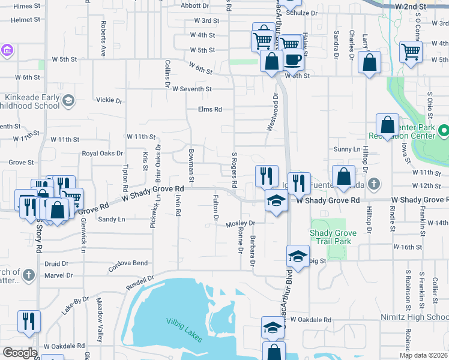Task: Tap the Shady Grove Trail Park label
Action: pyautogui.click(x=330, y=236)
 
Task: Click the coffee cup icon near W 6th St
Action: pyautogui.click(x=293, y=60)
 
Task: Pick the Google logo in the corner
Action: pyautogui.click(x=20, y=352)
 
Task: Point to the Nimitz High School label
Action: pyautogui.click(x=414, y=317)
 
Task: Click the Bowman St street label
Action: pyautogui.click(x=191, y=166)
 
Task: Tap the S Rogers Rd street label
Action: pyautogui.click(x=235, y=169)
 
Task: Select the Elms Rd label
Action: pyautogui.click(x=210, y=109)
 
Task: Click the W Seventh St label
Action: pyautogui.click(x=191, y=89)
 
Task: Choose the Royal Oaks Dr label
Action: pyautogui.click(x=102, y=154)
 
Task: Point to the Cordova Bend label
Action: pyautogui.click(x=128, y=263)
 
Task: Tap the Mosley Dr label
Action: pyautogui.click(x=241, y=223)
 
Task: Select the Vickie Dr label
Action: pyautogui.click(x=109, y=101)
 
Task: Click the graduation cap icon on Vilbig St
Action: pyautogui.click(x=298, y=256)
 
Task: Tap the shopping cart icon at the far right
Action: pyautogui.click(x=411, y=52)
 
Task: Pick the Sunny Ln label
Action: pyautogui.click(x=348, y=149)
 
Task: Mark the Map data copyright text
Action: pyautogui.click(x=423, y=355)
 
